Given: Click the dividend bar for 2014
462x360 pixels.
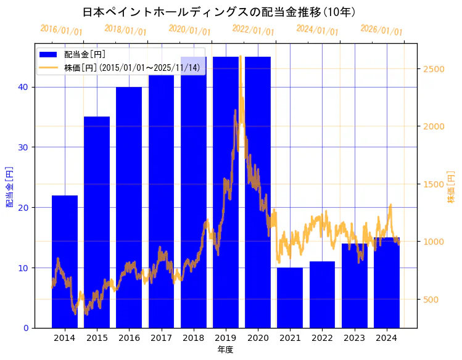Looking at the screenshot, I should pyautogui.click(x=65, y=261).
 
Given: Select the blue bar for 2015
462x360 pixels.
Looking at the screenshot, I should pyautogui.click(x=97, y=222).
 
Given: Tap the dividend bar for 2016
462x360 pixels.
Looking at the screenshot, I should pyautogui.click(x=129, y=207).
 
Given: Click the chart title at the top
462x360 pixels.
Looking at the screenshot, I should pyautogui.click(x=218, y=12).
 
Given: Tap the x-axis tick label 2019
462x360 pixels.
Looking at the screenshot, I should pyautogui.click(x=226, y=338).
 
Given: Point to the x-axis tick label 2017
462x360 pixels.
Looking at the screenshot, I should pyautogui.click(x=161, y=338).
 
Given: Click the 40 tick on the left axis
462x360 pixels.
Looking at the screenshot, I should pyautogui.click(x=23, y=87).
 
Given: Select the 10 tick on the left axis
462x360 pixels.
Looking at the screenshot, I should pyautogui.click(x=23, y=268).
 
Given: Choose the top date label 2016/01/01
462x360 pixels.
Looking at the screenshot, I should pyautogui.click(x=61, y=30).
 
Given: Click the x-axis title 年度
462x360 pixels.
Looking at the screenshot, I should pyautogui.click(x=225, y=350).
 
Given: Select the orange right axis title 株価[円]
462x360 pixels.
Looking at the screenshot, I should pyautogui.click(x=451, y=188).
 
